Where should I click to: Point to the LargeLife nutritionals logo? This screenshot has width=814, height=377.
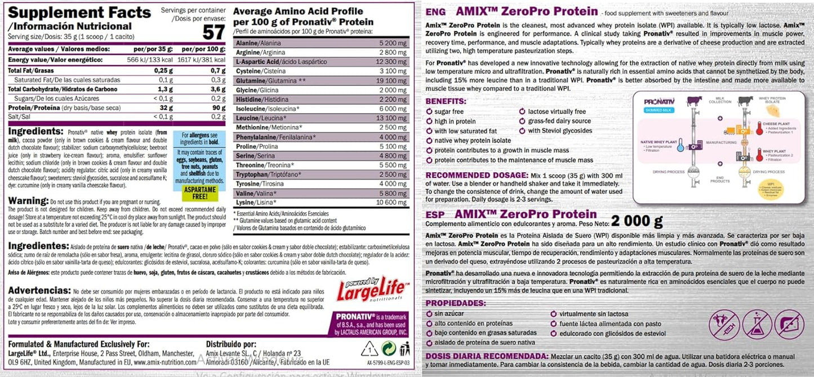pos(369,289)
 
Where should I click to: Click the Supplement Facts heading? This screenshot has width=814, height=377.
pos(79,12)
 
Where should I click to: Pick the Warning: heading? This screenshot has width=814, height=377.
pos(28,200)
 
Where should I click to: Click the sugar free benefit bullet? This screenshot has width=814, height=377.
pos(449,112)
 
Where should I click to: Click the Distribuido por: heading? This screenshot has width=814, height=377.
pos(232,344)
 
